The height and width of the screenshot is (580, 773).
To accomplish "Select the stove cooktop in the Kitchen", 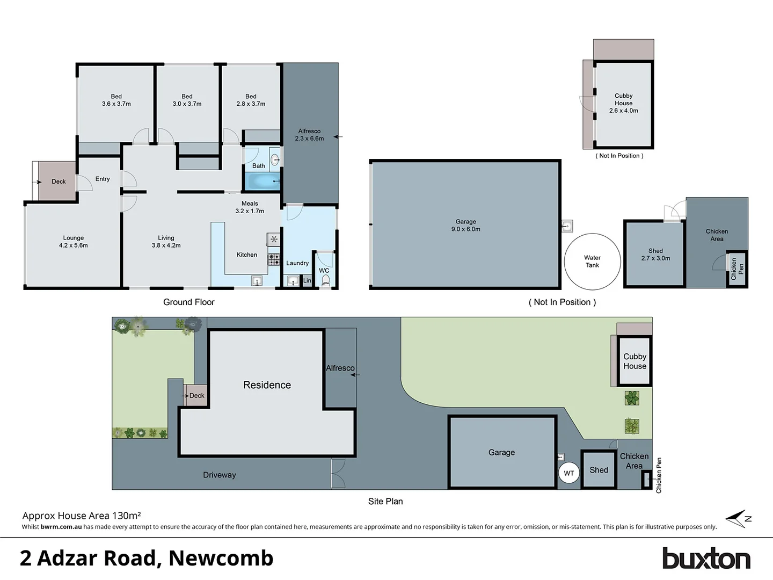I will pyautogui.click(x=274, y=260).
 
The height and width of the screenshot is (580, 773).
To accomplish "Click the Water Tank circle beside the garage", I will pyautogui.click(x=592, y=262).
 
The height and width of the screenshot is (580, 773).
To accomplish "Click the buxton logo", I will pyautogui.click(x=706, y=559).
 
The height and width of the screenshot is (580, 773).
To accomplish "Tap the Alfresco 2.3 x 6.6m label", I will pyautogui.click(x=309, y=135).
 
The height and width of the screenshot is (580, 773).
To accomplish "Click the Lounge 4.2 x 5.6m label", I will pyautogui.click(x=74, y=242).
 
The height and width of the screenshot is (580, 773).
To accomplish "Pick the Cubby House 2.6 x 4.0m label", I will pyautogui.click(x=623, y=103).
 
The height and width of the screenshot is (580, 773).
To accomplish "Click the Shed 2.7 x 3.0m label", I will pyautogui.click(x=655, y=255).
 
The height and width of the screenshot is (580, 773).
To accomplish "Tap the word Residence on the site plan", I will pyautogui.click(x=267, y=385).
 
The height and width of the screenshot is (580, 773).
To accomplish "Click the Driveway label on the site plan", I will pyautogui.click(x=219, y=475).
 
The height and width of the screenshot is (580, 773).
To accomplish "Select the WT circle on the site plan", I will pyautogui.click(x=568, y=473).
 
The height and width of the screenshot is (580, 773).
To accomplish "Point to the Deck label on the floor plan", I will pyautogui.click(x=59, y=182).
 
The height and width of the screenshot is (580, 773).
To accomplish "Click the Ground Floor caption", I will pyautogui.click(x=188, y=302).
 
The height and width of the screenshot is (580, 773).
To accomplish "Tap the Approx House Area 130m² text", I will pyautogui.click(x=82, y=516).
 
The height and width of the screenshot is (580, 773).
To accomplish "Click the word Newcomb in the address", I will pyautogui.click(x=221, y=559).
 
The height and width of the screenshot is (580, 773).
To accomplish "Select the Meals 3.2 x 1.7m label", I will pyautogui.click(x=250, y=207).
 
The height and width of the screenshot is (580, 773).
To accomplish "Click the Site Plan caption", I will pyautogui.click(x=385, y=501).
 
